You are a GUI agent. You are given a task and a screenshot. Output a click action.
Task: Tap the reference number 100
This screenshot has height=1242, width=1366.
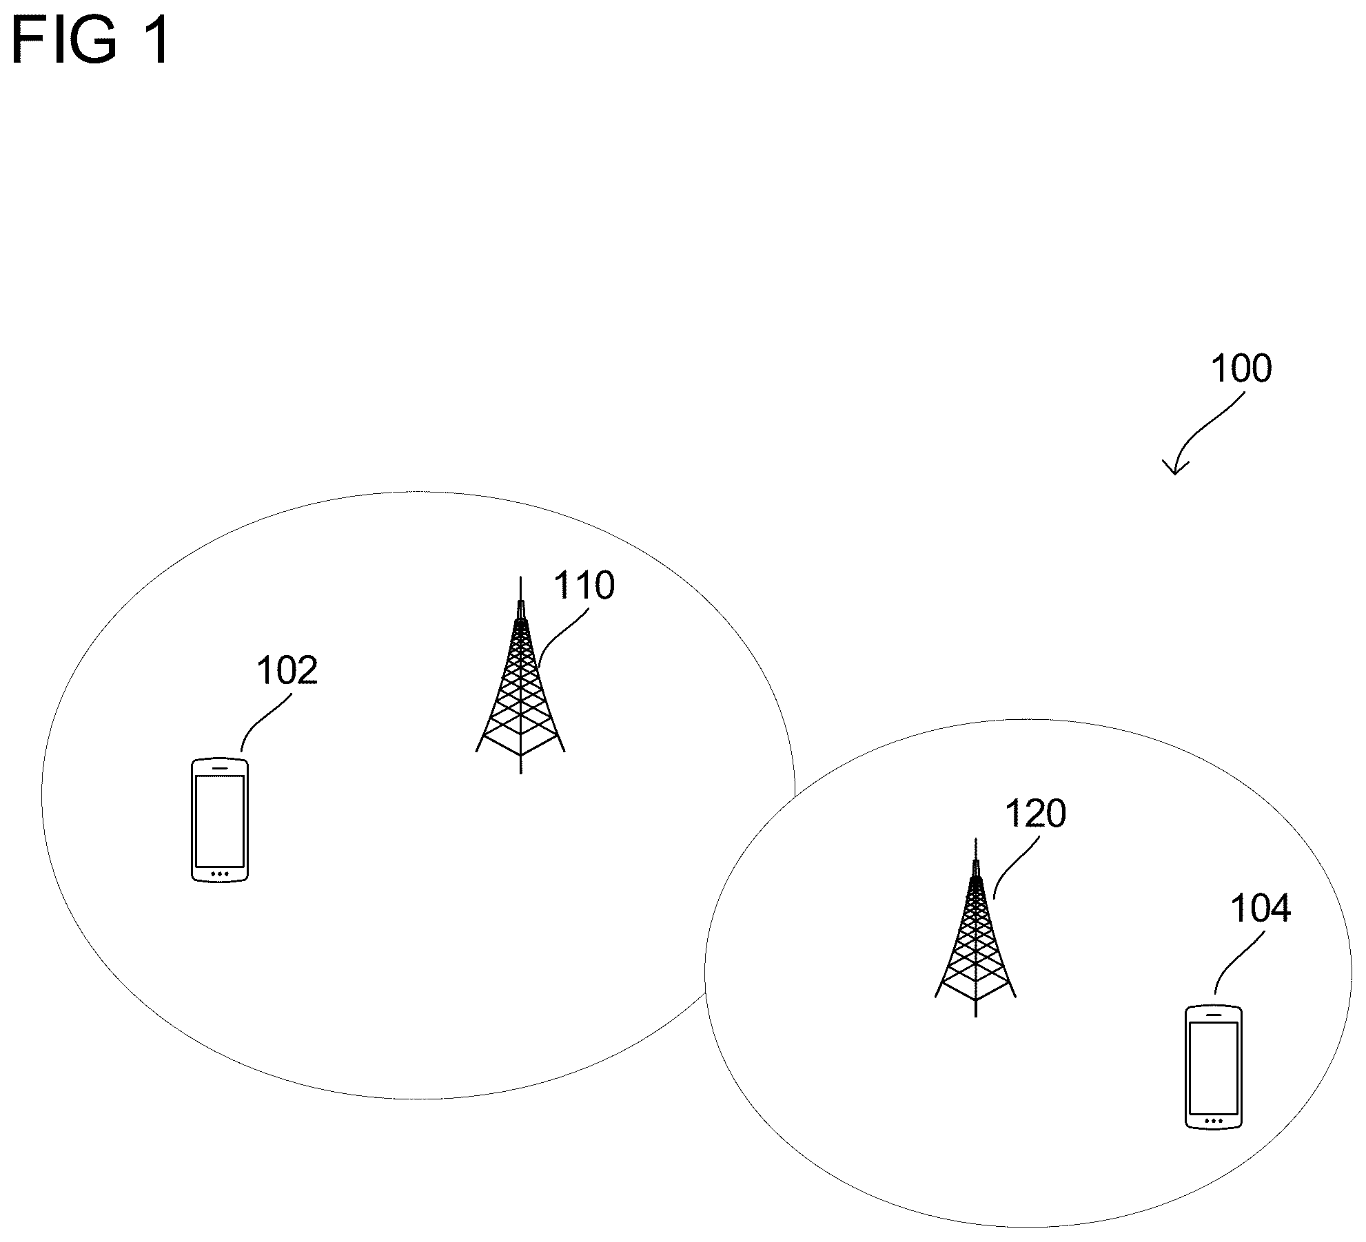coord(1241,369)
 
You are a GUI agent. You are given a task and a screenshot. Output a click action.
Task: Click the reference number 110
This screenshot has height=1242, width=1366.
coord(584,586)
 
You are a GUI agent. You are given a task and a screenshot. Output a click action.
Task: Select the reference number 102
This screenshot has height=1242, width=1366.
coord(287,670)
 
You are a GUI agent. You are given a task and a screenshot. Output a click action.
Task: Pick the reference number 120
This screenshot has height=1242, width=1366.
coord(1035,814)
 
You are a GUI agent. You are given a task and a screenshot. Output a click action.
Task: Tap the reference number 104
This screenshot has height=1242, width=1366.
coord(1260,909)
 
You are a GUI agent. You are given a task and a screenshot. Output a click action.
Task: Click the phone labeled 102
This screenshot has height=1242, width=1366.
coord(219,820)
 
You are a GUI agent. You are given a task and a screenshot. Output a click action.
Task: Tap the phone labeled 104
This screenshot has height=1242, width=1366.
coord(1213,1067)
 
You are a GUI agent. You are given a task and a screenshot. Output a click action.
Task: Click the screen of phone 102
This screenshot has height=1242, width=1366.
coord(219,820)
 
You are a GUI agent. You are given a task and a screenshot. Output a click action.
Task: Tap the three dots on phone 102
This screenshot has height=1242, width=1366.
coord(219,874)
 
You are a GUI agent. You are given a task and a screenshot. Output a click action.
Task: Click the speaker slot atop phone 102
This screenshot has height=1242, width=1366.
coord(219,766)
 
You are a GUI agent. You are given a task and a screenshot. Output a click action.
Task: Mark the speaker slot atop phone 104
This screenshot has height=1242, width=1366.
coord(1213,1014)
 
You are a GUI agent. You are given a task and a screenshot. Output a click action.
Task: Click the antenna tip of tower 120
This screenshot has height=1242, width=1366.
coord(975,842)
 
